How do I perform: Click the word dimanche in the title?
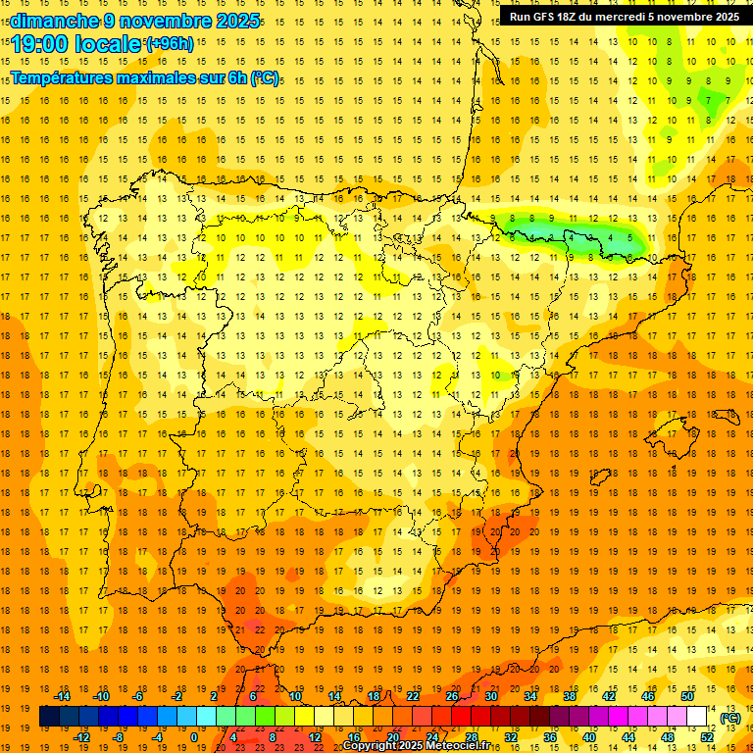tap(55, 21)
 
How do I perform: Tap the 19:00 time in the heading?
tap(43, 44)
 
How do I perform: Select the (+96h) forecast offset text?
tap(169, 43)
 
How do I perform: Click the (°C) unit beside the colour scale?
tap(730, 718)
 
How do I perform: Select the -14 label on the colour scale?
tap(62, 696)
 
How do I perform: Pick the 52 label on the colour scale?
tap(707, 737)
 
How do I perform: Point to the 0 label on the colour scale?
tap(194, 737)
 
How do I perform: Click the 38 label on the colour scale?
tap(569, 696)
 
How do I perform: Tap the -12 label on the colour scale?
tap(81, 737)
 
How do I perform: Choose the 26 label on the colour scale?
tap(452, 696)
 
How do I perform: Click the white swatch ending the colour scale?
tap(697, 717)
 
